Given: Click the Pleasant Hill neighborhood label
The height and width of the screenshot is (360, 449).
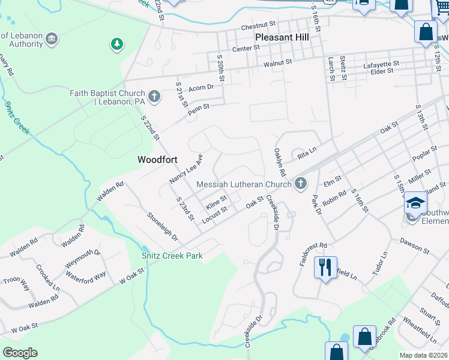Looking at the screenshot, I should tap(282, 37).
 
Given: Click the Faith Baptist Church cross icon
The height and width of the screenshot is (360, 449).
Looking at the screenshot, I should tap(154, 95).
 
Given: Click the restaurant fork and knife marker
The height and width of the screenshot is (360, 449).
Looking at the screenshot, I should tap(325, 266).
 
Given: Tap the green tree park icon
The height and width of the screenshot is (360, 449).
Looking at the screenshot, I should tap(117, 44).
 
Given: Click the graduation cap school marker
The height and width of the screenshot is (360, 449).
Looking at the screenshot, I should tap(415, 202).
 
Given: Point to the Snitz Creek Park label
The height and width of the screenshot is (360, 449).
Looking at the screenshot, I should tap(172, 256).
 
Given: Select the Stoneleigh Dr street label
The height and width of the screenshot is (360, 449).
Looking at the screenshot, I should tap(163, 226).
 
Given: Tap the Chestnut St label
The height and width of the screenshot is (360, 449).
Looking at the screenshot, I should tap(258, 26).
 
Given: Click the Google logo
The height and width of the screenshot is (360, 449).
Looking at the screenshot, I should tap(20, 353).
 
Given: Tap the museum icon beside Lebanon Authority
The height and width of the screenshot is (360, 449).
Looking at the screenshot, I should tap(52, 39).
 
